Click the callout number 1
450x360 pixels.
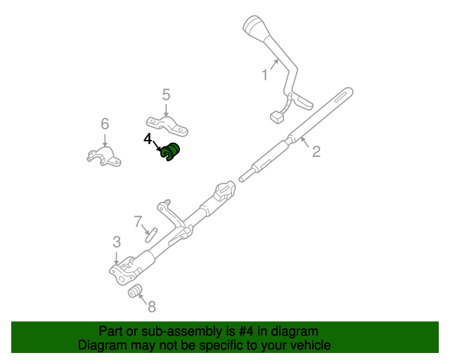(265, 74)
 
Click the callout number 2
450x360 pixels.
(316, 150)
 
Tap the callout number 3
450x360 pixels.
(117, 243)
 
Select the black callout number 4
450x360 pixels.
(148, 139)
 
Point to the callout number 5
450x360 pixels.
(166, 94)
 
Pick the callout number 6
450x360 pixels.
(105, 124)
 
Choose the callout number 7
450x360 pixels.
(138, 220)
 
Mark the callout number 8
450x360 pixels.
(151, 306)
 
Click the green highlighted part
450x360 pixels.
(171, 152)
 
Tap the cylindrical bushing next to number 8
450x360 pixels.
(135, 291)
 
